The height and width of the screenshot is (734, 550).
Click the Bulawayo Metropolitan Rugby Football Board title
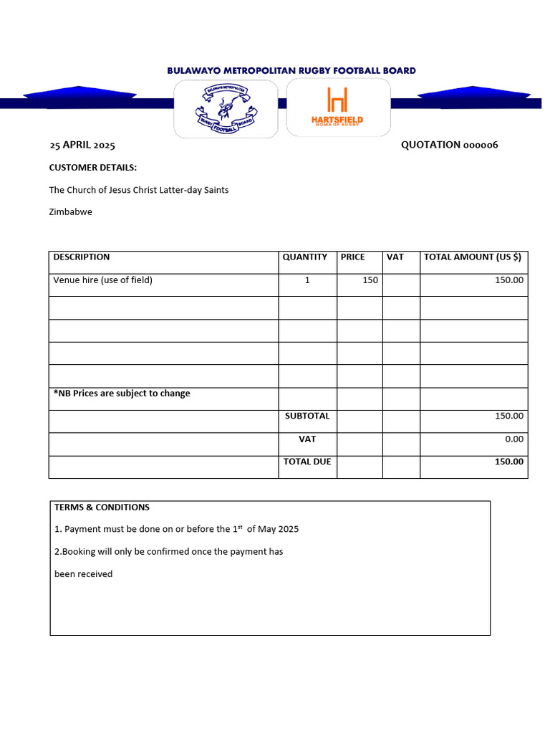pyautogui.click(x=291, y=70)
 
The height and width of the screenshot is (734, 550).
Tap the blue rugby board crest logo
pyautogui.click(x=226, y=109)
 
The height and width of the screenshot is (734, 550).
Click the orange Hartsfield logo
pyautogui.click(x=337, y=108)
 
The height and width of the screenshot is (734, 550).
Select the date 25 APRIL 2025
pyautogui.click(x=82, y=146)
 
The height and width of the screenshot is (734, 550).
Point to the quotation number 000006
pyautogui.click(x=449, y=145)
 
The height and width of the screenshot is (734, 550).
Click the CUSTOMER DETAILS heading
pyautogui.click(x=92, y=168)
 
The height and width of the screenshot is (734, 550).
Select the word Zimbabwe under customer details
pyautogui.click(x=70, y=212)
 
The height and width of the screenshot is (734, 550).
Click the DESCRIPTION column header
pyautogui.click(x=82, y=257)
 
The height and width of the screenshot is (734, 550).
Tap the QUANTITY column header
pyautogui.click(x=305, y=257)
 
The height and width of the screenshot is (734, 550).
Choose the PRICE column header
pyautogui.click(x=353, y=257)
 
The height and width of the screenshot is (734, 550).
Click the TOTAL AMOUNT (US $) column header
pyautogui.click(x=473, y=257)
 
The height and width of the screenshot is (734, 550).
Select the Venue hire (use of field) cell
pyautogui.click(x=103, y=280)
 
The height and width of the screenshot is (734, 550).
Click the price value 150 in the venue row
pyautogui.click(x=370, y=280)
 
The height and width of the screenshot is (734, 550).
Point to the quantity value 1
pyautogui.click(x=307, y=280)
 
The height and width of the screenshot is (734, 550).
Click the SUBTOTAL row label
pyautogui.click(x=307, y=416)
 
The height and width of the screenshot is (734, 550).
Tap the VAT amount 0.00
pyautogui.click(x=513, y=439)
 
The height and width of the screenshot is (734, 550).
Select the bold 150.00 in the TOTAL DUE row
pyautogui.click(x=509, y=462)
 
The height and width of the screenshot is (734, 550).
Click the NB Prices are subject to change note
pyautogui.click(x=122, y=394)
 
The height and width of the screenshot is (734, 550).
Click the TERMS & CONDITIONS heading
pyautogui.click(x=102, y=507)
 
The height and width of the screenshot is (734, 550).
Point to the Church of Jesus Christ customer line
pyautogui.click(x=139, y=190)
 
